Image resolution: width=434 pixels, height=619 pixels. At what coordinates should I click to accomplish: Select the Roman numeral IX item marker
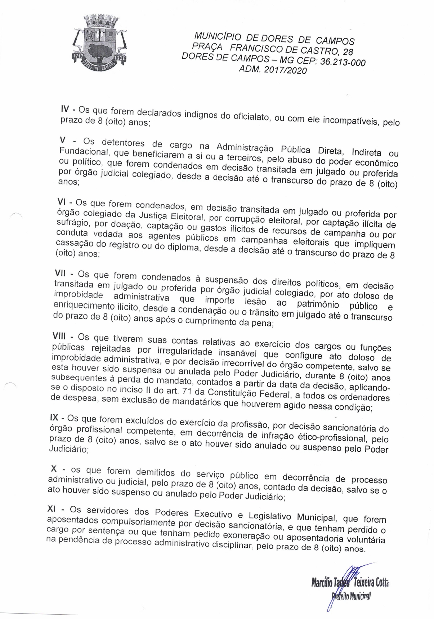[55, 418]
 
